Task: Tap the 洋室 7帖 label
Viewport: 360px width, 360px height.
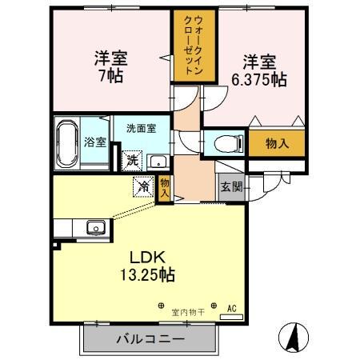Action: click(x=111, y=67)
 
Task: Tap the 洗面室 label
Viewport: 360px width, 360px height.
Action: click(x=141, y=128)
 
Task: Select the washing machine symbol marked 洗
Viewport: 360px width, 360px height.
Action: click(x=131, y=160)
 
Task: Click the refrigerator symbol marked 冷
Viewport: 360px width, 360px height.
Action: click(x=143, y=186)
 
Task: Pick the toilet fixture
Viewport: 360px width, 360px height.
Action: click(x=229, y=144)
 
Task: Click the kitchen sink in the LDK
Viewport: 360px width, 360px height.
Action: click(x=97, y=228)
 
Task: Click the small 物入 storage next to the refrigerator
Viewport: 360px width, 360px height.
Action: click(x=164, y=188)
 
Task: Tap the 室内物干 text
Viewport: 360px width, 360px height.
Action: click(x=189, y=312)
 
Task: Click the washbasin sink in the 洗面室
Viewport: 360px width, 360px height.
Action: click(x=157, y=158)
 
